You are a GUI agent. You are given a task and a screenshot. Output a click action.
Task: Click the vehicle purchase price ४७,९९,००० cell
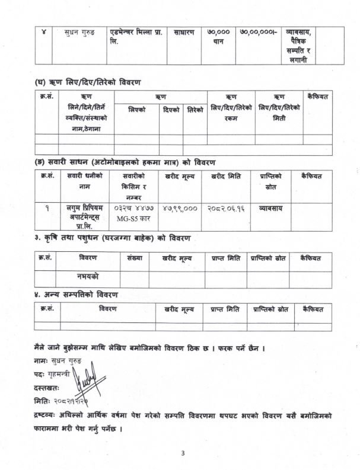[179, 209]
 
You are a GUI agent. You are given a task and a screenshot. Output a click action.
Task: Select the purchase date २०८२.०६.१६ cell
[226, 209]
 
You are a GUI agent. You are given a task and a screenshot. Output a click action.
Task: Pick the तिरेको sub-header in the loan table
[195, 110]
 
